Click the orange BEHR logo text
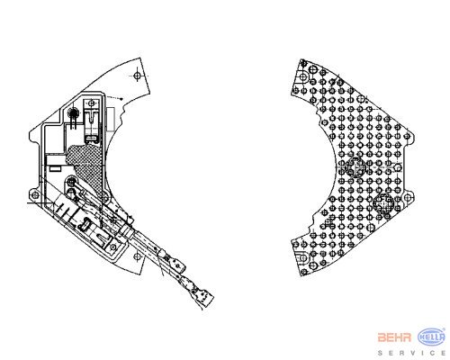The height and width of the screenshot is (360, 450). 394,337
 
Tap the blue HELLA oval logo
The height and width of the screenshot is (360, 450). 432,337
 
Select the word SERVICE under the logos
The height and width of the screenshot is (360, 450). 411,353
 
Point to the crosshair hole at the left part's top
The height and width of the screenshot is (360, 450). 137,76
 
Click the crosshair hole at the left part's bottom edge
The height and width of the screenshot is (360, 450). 137,256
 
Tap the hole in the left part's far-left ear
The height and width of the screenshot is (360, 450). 35,195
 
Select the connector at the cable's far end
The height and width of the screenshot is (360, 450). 205,297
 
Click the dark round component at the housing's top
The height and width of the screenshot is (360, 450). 72,113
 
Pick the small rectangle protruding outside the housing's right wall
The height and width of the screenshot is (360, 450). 111,119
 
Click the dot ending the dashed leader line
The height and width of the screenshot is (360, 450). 121,98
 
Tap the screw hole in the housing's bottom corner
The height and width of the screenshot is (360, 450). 112,247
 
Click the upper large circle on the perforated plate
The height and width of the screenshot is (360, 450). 355,167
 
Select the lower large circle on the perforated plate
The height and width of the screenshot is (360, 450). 384,203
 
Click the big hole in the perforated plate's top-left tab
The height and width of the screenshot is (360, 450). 303,76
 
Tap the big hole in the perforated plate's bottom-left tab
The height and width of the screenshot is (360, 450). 303,258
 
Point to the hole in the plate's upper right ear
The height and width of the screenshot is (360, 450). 407,137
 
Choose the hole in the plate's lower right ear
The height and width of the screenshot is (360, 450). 407,198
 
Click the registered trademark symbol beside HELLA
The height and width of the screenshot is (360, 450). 445,329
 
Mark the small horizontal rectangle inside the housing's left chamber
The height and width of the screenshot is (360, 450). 55,169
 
